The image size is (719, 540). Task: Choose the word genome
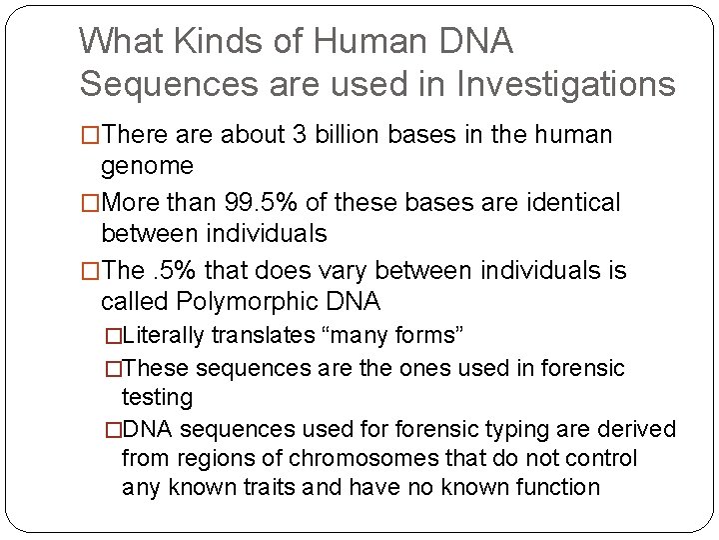pyautogui.click(x=149, y=164)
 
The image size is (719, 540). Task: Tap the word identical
pyautogui.click(x=561, y=204)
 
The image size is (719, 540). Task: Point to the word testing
pyautogui.click(x=157, y=397)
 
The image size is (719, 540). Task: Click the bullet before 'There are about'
pyautogui.click(x=91, y=135)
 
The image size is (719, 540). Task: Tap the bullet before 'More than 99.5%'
pyautogui.click(x=91, y=204)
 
